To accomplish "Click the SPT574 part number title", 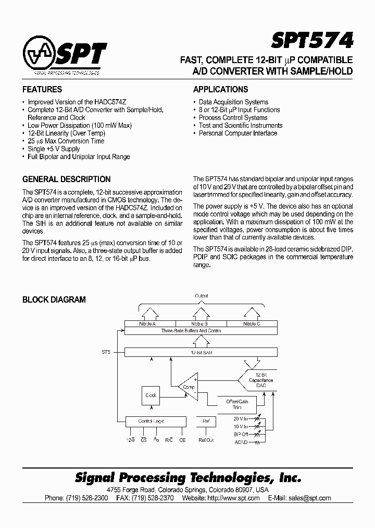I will click(312, 40).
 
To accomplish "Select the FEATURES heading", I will click(42, 89).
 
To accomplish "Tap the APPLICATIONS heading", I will click(220, 89).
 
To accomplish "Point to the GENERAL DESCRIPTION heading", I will click(66, 179).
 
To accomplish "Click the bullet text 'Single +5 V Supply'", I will click(54, 149).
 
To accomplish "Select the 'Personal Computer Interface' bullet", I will click(238, 133).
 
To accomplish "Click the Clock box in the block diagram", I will click(152, 395).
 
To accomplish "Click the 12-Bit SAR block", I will click(201, 353).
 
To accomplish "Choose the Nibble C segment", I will click(252, 324).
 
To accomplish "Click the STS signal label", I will click(106, 353).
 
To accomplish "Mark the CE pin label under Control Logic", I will click(182, 440).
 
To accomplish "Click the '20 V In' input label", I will click(240, 418).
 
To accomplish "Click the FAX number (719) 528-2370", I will click(152, 498).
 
